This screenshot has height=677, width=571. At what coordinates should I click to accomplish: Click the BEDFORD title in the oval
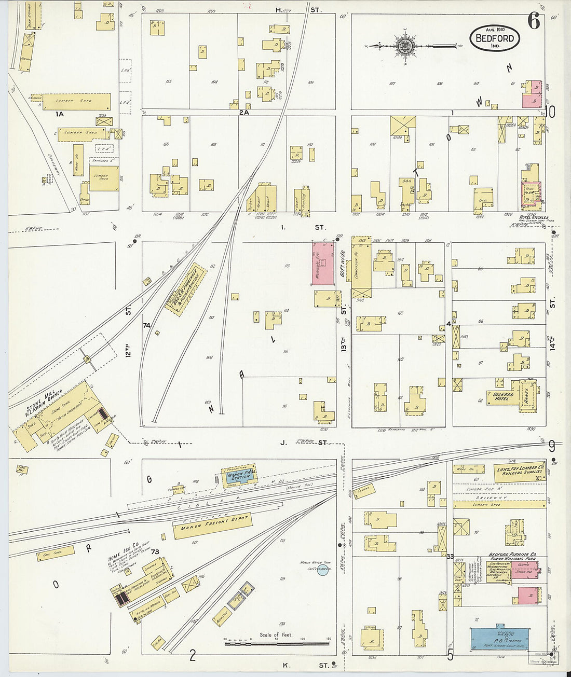pyautogui.click(x=495, y=38)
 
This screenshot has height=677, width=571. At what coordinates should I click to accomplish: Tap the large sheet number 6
pyautogui.click(x=533, y=22)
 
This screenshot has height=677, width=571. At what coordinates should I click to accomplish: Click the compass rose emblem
pyautogui.click(x=403, y=46)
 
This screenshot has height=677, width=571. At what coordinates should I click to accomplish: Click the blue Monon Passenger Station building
pyautogui.click(x=239, y=476)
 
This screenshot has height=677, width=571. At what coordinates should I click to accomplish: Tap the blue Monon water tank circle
pyautogui.click(x=323, y=571)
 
